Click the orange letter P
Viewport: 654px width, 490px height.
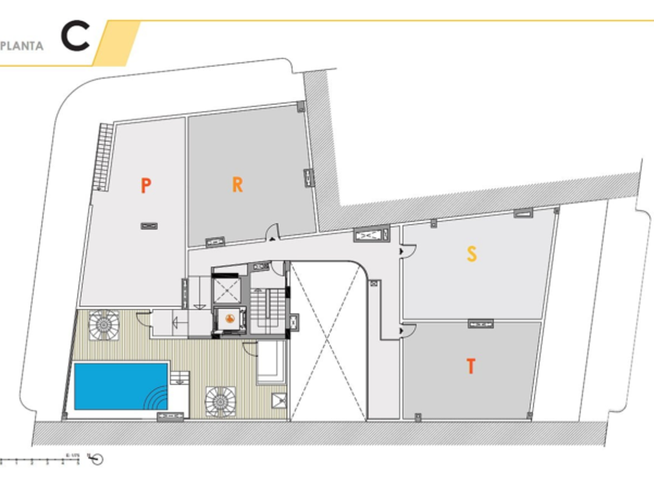pos(146,185)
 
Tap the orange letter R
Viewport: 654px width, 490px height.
pos(237,184)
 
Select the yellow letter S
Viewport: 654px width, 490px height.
pos(471,254)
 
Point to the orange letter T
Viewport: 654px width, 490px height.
pos(470,366)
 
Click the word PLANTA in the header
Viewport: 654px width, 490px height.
pos(22,45)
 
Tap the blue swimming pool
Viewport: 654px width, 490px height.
pos(117,385)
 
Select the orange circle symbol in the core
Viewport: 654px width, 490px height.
pos(230,319)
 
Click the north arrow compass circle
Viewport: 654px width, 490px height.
pos(97,459)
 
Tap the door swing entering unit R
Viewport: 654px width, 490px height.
pos(272,233)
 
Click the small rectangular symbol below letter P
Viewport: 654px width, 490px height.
pos(147,226)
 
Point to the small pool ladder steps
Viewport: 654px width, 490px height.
pos(179,379)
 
